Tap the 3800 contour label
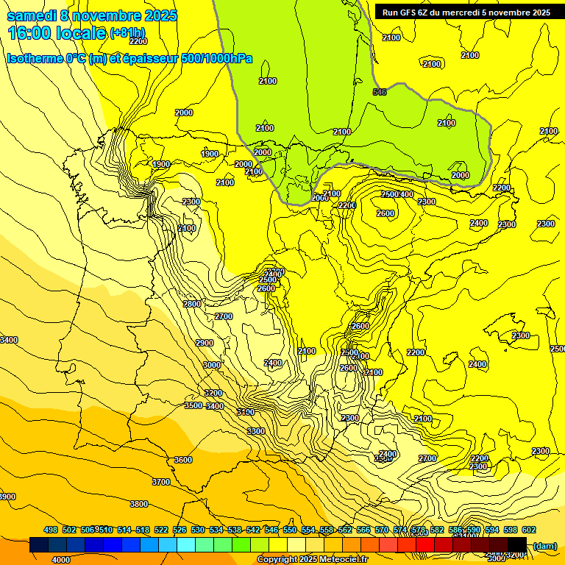click(x=139, y=504)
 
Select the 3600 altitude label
click(x=183, y=460)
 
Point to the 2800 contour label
click(x=192, y=304)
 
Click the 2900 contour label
click(x=205, y=343)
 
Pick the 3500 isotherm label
click(x=193, y=405)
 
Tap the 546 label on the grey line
click(x=380, y=92)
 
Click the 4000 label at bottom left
click(x=61, y=560)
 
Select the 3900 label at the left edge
click(x=7, y=497)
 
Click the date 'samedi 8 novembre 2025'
click(x=92, y=15)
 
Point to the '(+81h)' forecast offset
click(x=127, y=33)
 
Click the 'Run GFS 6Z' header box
click(x=466, y=13)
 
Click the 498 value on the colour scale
click(x=51, y=530)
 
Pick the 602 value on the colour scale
click(x=529, y=530)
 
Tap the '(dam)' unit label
click(x=544, y=545)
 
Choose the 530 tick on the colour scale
click(x=198, y=530)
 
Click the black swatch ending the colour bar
click(x=517, y=545)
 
